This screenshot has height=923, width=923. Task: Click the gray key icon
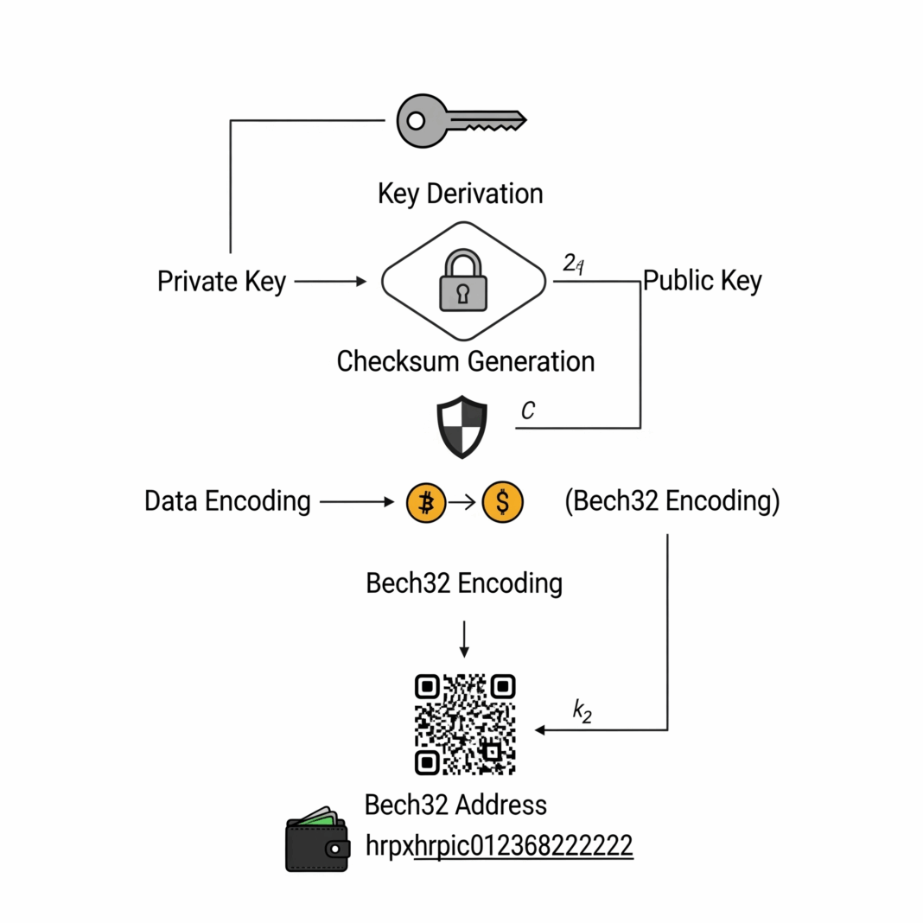tap(460, 120)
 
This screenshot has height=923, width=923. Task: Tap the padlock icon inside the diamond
tap(463, 281)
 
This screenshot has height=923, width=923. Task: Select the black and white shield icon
tap(461, 427)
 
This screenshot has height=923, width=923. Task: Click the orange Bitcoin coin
tap(426, 502)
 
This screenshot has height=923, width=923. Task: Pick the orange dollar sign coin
tap(503, 502)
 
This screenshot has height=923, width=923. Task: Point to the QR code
tap(465, 724)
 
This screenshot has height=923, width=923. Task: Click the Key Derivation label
tap(461, 193)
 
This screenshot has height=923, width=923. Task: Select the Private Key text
tap(221, 282)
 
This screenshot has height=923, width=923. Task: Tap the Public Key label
tap(703, 281)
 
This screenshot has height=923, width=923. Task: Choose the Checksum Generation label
tap(465, 360)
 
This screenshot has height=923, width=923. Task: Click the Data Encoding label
tap(227, 501)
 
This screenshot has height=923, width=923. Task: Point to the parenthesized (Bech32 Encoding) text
tap(672, 502)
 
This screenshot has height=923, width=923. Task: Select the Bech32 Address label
tap(455, 805)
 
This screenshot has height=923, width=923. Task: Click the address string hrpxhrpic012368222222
tap(500, 844)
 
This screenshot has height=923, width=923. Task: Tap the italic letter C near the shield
tap(528, 411)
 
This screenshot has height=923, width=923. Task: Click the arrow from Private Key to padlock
tap(330, 282)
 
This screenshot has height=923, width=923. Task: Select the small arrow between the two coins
tap(463, 502)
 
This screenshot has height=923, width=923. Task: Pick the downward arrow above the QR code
tap(464, 639)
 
